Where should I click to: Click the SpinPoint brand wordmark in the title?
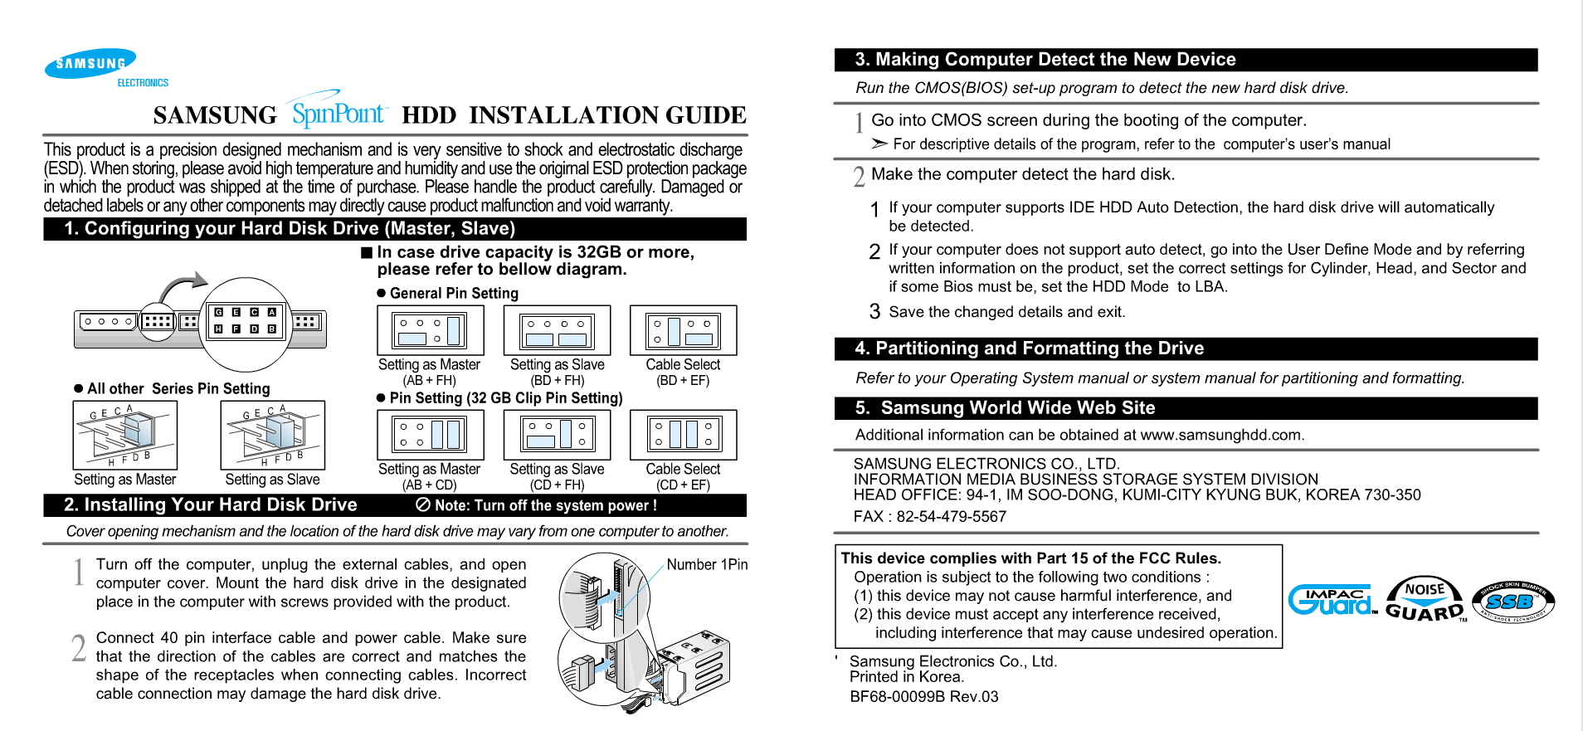339,112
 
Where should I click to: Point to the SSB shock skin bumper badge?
1512,602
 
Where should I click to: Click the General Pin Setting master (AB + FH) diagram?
431,330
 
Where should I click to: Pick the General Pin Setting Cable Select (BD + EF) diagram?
683,330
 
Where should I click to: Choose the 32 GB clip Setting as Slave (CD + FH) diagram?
557,434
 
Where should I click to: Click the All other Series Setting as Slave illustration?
272,435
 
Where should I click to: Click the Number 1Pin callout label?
707,564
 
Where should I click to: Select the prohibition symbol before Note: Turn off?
422,504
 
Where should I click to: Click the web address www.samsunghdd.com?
1220,435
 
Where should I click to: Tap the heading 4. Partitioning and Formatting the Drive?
1029,348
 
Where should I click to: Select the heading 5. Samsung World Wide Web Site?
1005,408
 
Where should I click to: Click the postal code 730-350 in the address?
1393,495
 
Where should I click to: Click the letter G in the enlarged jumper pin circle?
218,312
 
